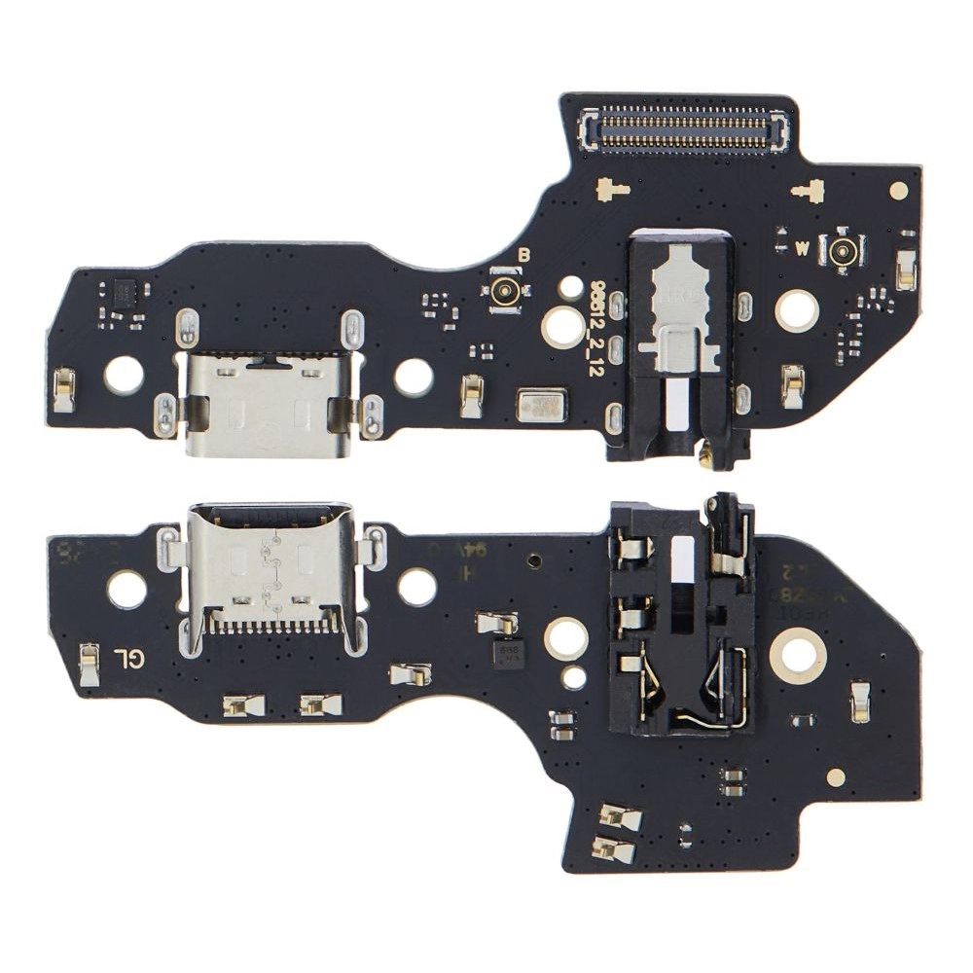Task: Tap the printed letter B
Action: (x=524, y=255)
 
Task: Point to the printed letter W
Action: (x=802, y=248)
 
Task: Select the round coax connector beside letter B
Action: (x=505, y=290)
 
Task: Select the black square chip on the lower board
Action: (x=508, y=653)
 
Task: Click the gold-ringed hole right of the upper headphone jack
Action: (x=797, y=310)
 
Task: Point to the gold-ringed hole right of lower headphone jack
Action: (x=798, y=656)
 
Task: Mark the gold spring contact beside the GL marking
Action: (x=89, y=664)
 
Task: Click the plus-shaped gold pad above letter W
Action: (x=809, y=191)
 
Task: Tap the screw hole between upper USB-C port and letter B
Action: (x=414, y=377)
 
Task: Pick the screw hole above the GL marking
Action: (x=127, y=589)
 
